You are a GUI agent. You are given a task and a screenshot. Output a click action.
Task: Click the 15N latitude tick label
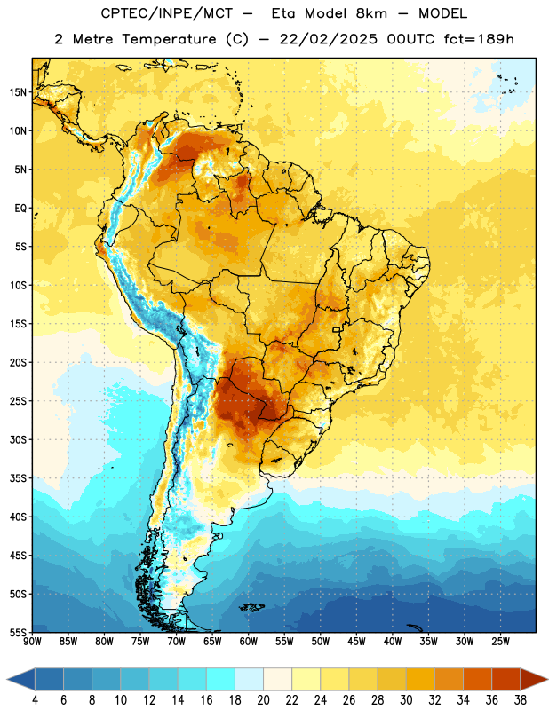pyautogui.click(x=18, y=92)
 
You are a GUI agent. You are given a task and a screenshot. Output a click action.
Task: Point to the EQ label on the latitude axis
pyautogui.click(x=20, y=209)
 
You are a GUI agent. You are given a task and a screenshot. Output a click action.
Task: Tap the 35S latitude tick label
pyautogui.click(x=18, y=478)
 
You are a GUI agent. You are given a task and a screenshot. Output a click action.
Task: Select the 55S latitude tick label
pyautogui.click(x=18, y=633)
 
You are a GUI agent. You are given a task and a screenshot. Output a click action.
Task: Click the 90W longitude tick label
pyautogui.click(x=32, y=642)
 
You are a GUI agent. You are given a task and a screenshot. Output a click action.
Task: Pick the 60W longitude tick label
pyautogui.click(x=249, y=642)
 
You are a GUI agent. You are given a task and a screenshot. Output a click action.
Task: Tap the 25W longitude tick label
pyautogui.click(x=500, y=642)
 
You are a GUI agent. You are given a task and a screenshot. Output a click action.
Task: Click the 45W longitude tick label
pyautogui.click(x=356, y=642)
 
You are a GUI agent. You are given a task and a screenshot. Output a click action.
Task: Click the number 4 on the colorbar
pyautogui.click(x=35, y=700)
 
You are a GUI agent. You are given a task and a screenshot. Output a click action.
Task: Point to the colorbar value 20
pyautogui.click(x=263, y=700)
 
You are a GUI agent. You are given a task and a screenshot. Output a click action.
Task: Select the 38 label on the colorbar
pyautogui.click(x=521, y=700)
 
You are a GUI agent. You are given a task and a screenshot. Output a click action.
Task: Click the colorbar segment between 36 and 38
pyautogui.click(x=506, y=680)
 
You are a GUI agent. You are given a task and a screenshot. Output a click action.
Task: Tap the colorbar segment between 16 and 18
pyautogui.click(x=221, y=680)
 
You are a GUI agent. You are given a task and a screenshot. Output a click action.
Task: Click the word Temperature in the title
pyautogui.click(x=169, y=39)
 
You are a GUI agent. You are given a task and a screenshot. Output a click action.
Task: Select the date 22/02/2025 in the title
pyautogui.click(x=328, y=39)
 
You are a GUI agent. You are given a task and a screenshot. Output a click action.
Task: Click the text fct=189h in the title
pyautogui.click(x=479, y=39)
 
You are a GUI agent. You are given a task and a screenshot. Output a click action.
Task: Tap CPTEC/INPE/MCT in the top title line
pyautogui.click(x=166, y=13)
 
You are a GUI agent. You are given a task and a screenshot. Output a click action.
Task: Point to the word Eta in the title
pyautogui.click(x=283, y=13)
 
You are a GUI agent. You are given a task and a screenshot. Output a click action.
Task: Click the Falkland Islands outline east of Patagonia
pyautogui.click(x=251, y=607)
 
